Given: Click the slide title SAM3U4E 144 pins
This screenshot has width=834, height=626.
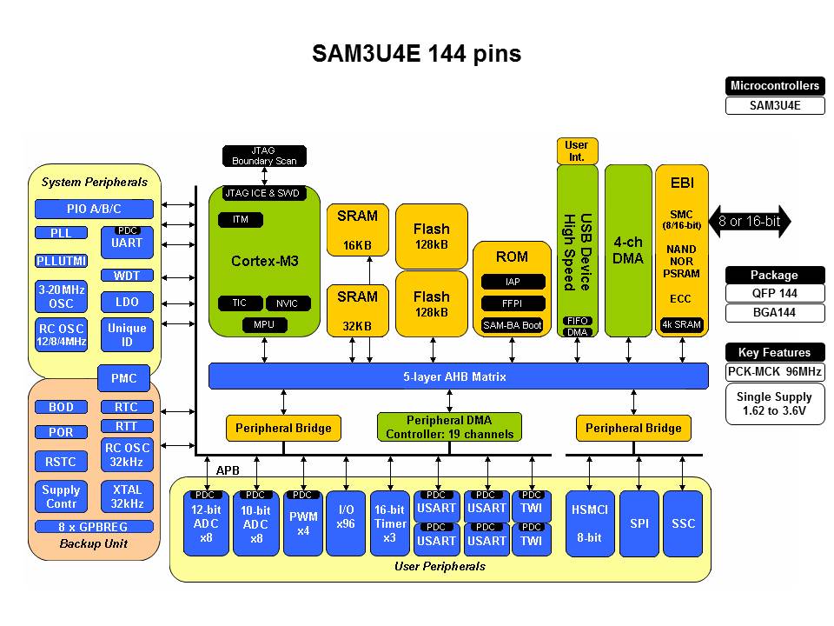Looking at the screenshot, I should click(x=416, y=54).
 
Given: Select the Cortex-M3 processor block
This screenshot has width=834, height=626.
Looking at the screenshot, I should click(x=265, y=261).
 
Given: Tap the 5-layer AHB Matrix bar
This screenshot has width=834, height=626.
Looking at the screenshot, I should click(x=458, y=376).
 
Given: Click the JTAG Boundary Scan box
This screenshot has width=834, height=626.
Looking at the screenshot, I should click(x=264, y=156).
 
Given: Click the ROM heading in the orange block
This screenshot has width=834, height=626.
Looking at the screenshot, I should click(x=512, y=256).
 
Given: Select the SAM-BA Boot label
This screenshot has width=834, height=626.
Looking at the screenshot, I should click(x=512, y=325).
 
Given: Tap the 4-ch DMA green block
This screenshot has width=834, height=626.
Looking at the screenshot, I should click(x=627, y=250).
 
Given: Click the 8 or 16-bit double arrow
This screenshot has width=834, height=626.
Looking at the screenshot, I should click(x=750, y=222).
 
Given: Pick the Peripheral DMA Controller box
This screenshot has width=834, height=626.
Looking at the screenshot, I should click(x=449, y=427).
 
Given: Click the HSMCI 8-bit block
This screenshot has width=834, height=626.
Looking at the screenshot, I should click(x=589, y=524).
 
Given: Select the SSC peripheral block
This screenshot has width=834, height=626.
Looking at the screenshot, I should click(x=683, y=524).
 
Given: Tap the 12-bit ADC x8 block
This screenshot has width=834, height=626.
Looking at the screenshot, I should click(x=206, y=524).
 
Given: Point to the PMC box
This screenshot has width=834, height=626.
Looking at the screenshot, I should click(x=123, y=379).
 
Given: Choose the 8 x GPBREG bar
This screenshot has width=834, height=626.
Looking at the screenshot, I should click(x=94, y=527).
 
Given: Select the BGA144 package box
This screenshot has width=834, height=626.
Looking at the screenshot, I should click(x=774, y=313).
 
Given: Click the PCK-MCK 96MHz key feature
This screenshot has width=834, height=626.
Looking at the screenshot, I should click(x=774, y=372).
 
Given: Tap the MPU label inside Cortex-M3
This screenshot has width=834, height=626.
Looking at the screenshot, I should click(x=264, y=325).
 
